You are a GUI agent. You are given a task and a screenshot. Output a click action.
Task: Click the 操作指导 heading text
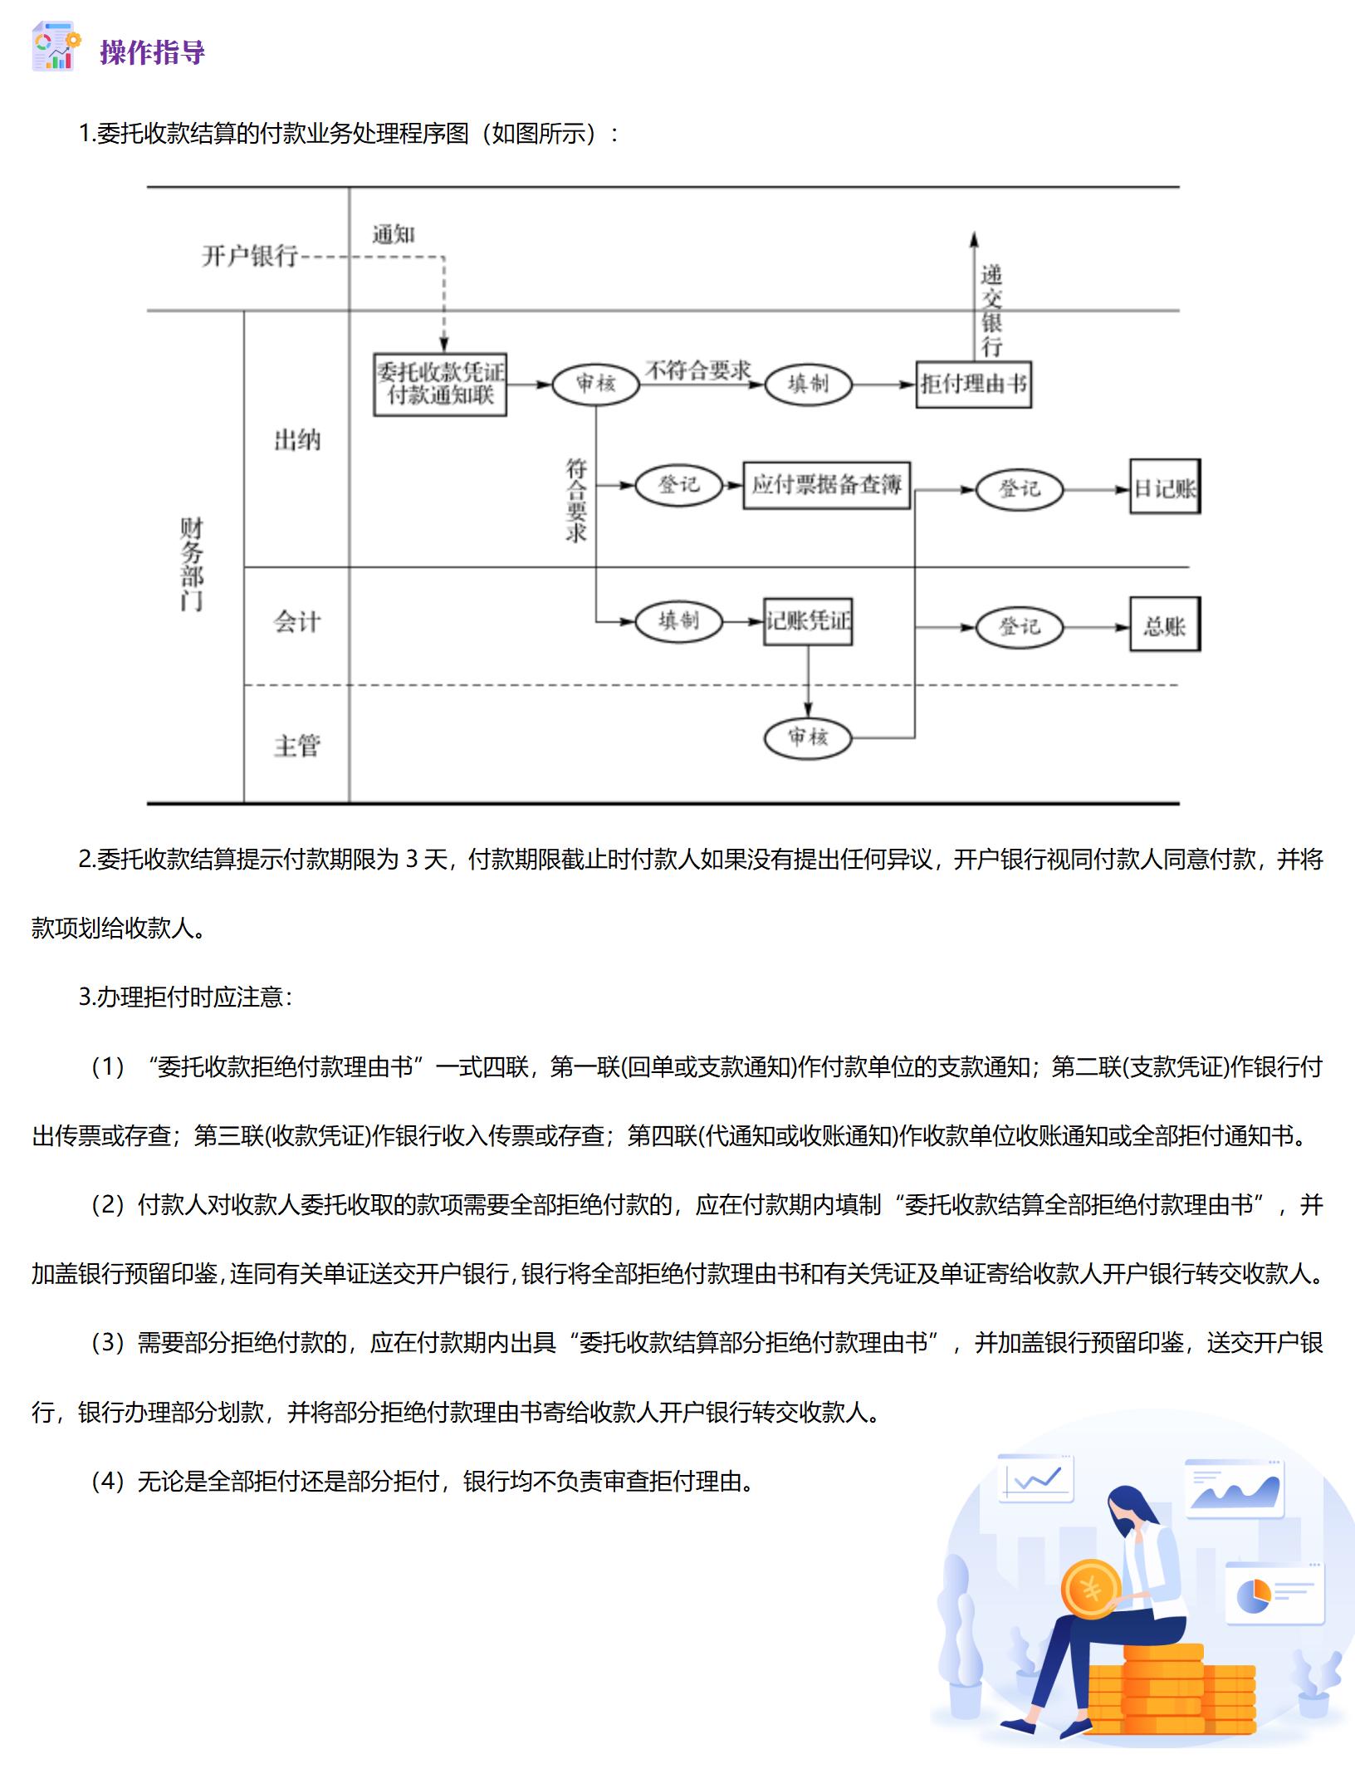pos(152,52)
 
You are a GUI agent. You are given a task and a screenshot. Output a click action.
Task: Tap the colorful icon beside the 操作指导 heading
pos(56,47)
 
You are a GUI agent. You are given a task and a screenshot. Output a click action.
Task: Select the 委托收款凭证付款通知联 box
pos(440,384)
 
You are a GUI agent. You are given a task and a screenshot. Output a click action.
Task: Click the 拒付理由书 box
pos(973,384)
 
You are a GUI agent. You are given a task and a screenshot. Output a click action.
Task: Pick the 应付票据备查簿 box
pos(826,485)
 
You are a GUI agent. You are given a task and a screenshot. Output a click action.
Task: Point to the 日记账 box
pos(1165,488)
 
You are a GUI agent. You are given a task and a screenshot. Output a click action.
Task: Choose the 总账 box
pos(1165,625)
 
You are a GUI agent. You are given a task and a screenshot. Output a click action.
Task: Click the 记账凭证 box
pos(808,621)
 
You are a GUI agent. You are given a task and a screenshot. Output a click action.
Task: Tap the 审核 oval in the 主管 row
pos(808,737)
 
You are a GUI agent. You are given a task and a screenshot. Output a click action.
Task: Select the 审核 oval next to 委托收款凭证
pos(596,384)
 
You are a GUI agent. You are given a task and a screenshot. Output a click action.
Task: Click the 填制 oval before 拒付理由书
pos(808,384)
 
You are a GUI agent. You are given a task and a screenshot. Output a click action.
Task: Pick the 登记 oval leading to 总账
pos(1020,626)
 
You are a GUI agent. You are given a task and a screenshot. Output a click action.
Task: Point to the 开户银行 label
pos(249,255)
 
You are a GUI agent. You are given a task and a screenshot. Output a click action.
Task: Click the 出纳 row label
pos(297,439)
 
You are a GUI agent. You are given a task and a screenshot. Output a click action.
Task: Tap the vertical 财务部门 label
pos(192,564)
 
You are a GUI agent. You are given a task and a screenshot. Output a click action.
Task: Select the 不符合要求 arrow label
pos(698,370)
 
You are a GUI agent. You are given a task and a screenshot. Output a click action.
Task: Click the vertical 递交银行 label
pos(991,310)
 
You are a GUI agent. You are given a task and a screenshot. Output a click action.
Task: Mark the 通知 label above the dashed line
pos(393,235)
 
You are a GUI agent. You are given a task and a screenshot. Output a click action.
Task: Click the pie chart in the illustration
pos(1253,1595)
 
